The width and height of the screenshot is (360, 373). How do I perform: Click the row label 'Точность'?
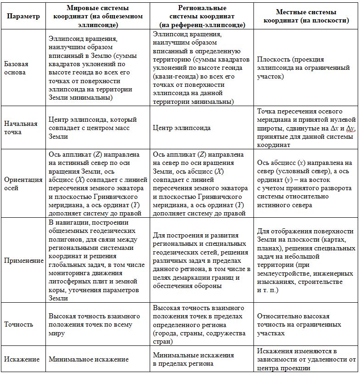click(18, 324)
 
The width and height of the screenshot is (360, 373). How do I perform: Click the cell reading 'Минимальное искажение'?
click(89, 360)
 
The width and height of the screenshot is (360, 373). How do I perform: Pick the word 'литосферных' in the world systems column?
click(70, 282)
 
